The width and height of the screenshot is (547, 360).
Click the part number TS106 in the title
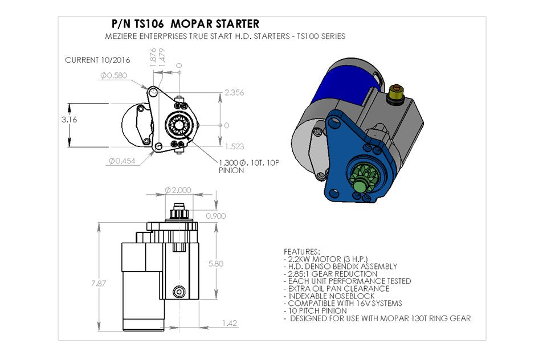point(150,24)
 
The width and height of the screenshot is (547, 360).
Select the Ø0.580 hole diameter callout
point(116,75)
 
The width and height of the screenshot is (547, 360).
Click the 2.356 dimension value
point(234,92)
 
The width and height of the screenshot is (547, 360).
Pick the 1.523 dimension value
point(234,146)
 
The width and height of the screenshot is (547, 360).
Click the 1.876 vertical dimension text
point(153,58)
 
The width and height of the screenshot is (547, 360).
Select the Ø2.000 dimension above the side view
point(178,190)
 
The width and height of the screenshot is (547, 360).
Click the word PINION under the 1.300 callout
point(231,170)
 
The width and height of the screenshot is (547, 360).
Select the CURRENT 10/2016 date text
point(97,60)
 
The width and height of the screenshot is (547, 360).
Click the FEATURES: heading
point(302,251)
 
